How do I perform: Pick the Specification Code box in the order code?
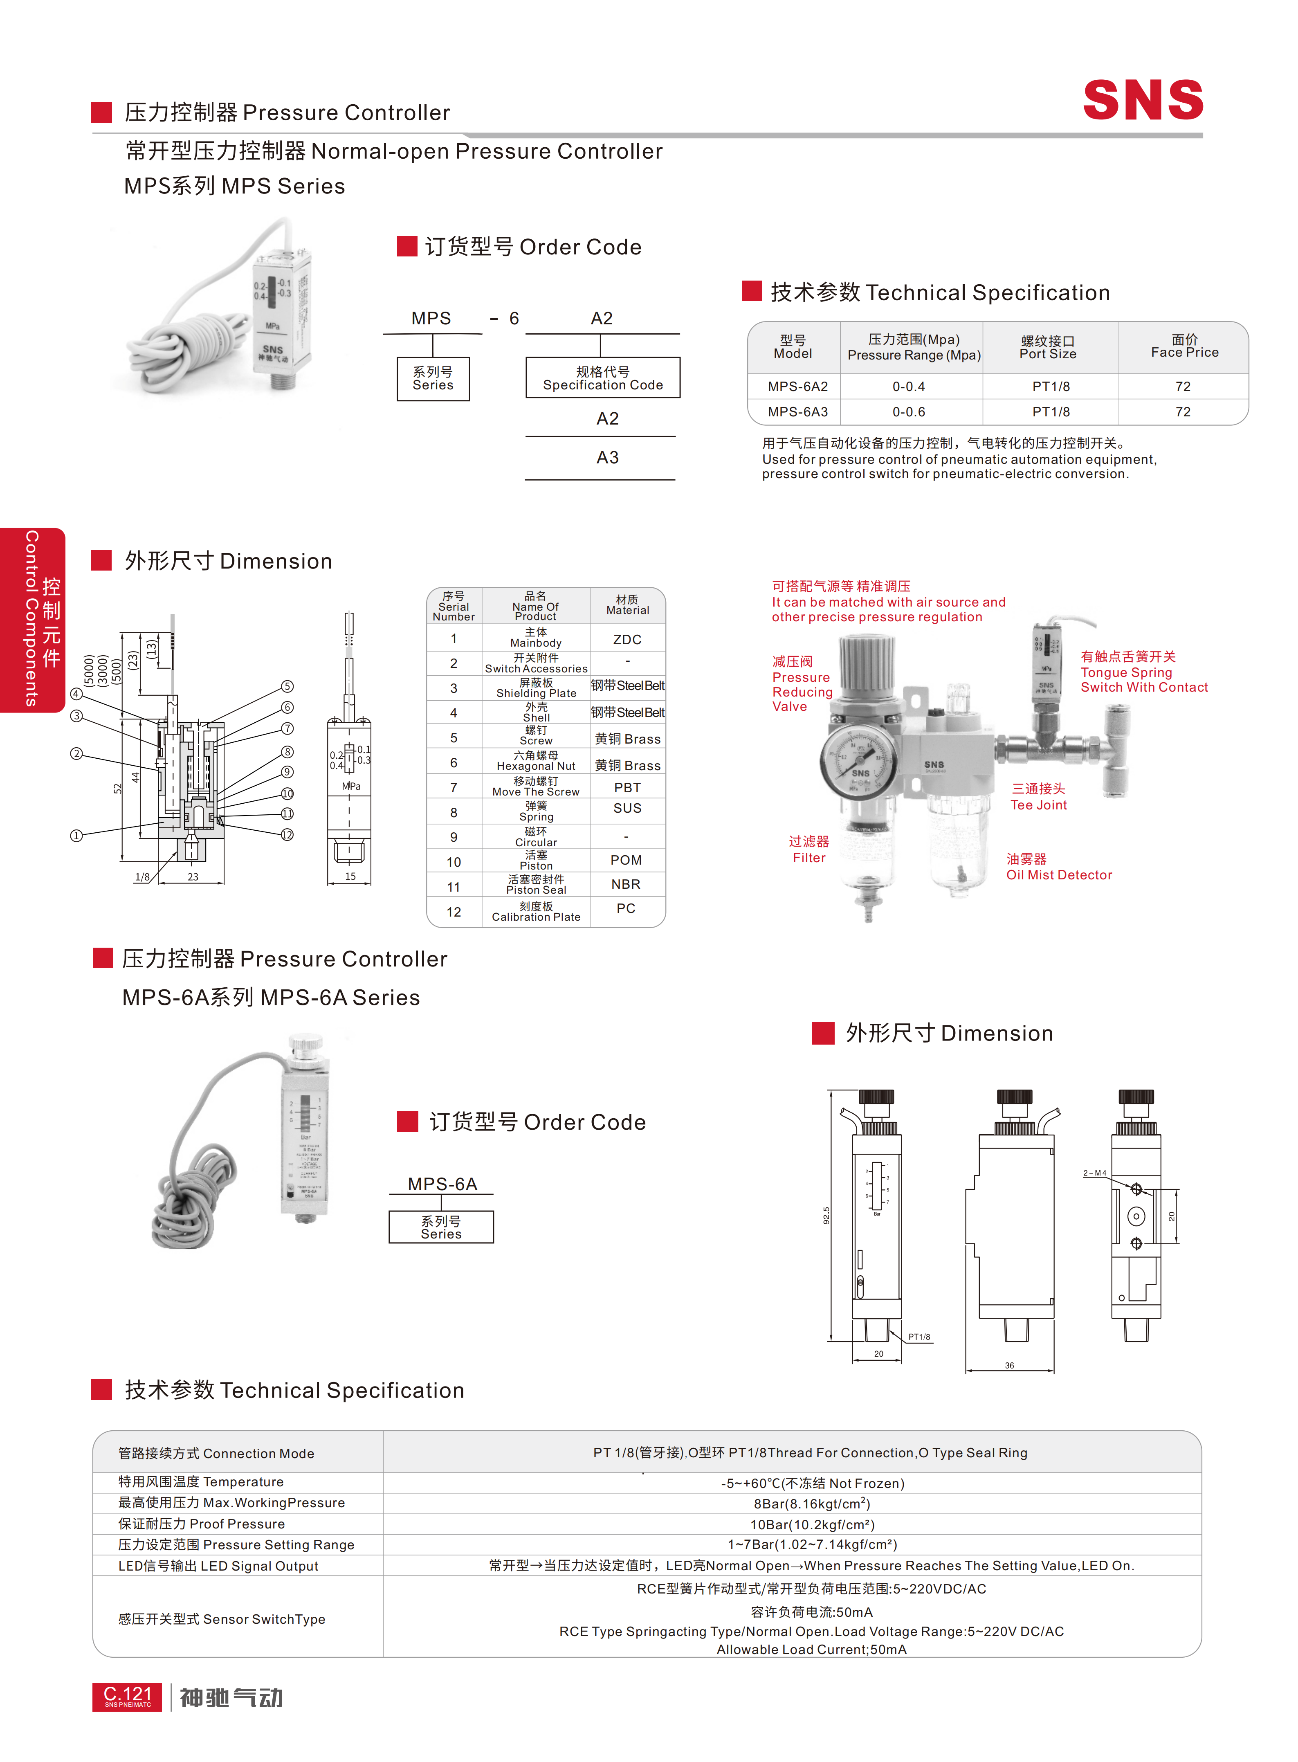(603, 378)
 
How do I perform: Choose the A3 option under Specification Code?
(607, 457)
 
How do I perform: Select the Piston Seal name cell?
(536, 885)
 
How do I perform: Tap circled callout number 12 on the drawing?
(287, 835)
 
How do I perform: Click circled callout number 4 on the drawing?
(76, 694)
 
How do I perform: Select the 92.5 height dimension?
(826, 1215)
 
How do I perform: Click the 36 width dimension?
(1010, 1365)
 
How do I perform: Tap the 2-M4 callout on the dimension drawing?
(1094, 1173)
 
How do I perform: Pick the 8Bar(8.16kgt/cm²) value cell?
(812, 1504)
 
